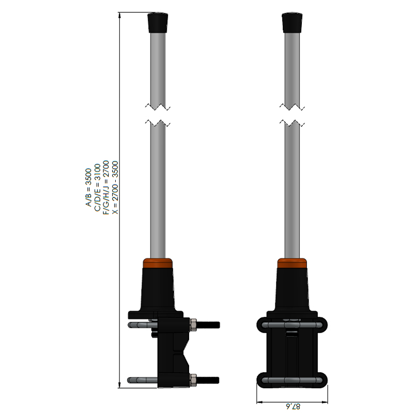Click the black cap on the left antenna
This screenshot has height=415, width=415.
coord(158,23)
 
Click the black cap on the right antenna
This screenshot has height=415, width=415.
coord(292,23)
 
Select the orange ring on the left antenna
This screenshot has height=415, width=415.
coord(158,264)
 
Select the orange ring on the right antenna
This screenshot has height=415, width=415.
coord(292,264)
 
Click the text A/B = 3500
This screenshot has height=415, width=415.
coord(88,187)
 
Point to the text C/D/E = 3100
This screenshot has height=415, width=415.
coord(97,188)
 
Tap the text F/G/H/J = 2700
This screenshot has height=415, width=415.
coord(106,187)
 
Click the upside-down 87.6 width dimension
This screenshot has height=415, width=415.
coord(292,406)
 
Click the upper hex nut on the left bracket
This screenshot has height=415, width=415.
coord(193,325)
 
